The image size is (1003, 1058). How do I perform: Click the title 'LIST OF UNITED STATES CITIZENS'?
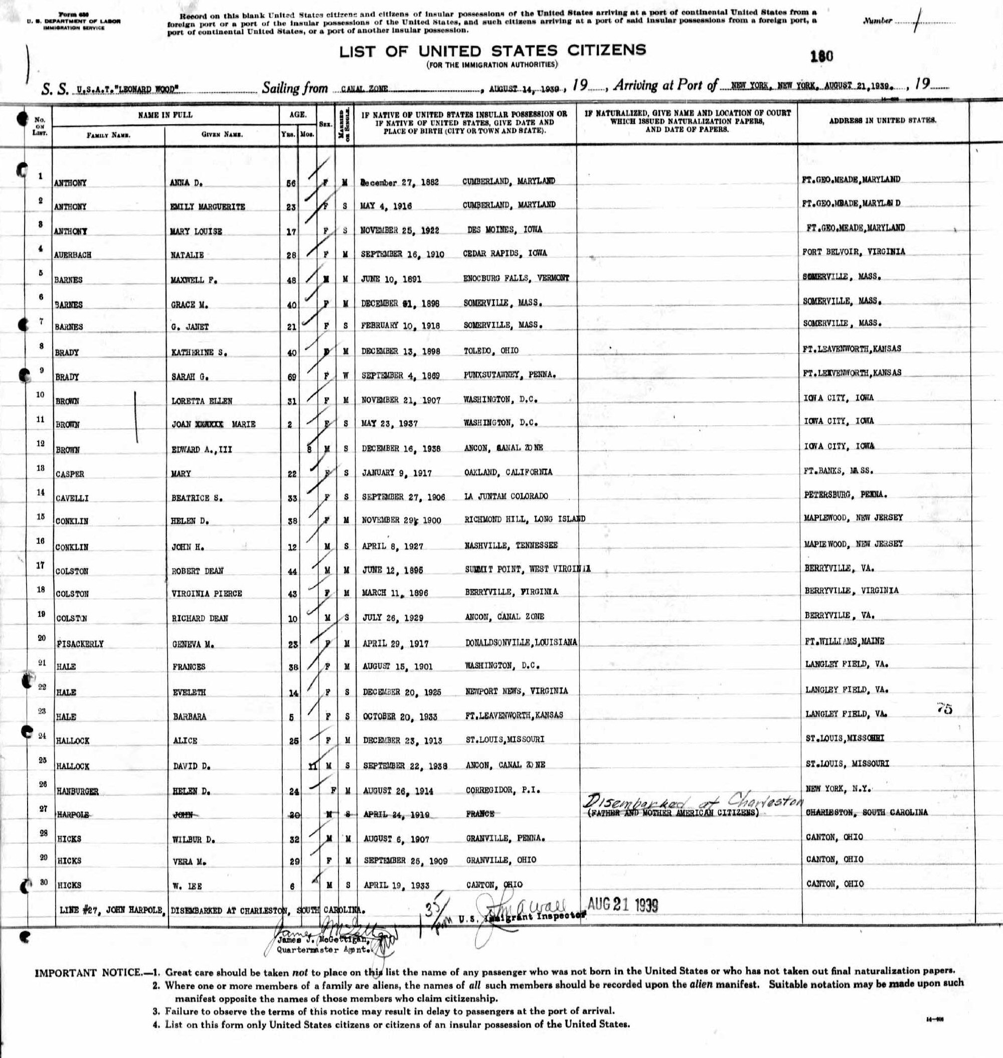492,51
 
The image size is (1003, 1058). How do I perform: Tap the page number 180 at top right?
822,56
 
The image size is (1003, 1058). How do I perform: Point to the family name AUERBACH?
73,255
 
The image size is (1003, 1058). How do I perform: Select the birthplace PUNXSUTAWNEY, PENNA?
509,375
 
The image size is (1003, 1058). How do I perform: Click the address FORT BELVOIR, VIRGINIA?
854,251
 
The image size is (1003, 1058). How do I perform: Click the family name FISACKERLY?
80,644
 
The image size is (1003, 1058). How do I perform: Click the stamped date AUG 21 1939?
622,905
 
